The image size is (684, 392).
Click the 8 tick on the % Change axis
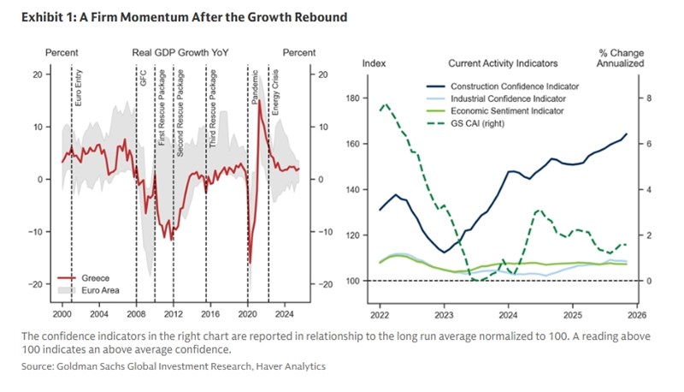pyautogui.click(x=648, y=98)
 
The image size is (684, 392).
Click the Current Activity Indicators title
pyautogui.click(x=503, y=63)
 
